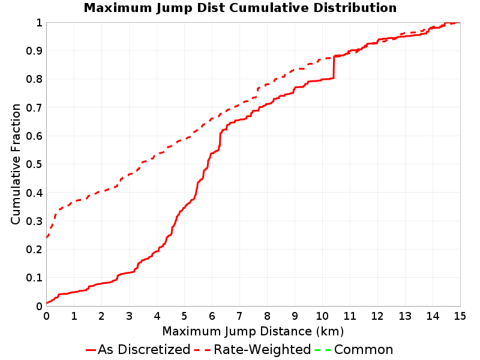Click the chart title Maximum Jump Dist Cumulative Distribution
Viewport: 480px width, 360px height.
click(240, 8)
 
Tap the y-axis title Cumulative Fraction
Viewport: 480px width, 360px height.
click(16, 164)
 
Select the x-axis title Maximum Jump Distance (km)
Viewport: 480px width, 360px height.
click(253, 332)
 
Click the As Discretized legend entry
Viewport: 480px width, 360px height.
click(138, 350)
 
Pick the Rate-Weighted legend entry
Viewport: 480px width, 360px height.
click(253, 350)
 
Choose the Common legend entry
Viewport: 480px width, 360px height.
click(354, 350)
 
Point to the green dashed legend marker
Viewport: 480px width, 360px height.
click(323, 350)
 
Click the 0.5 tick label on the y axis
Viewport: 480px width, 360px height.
click(34, 164)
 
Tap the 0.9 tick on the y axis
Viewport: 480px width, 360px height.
click(34, 50)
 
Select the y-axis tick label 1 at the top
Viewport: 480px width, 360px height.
click(39, 22)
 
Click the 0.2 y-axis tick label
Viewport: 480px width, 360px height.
click(34, 249)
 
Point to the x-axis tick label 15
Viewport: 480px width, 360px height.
click(460, 316)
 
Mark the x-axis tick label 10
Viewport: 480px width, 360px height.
click(322, 316)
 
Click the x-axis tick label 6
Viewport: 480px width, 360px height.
click(212, 316)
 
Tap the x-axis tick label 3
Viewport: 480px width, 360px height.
click(129, 316)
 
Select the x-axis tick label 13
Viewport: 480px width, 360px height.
click(405, 316)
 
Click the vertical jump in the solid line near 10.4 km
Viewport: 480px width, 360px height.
click(334, 67)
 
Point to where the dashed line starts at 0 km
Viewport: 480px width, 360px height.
click(47, 237)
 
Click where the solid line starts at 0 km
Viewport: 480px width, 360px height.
click(47, 303)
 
